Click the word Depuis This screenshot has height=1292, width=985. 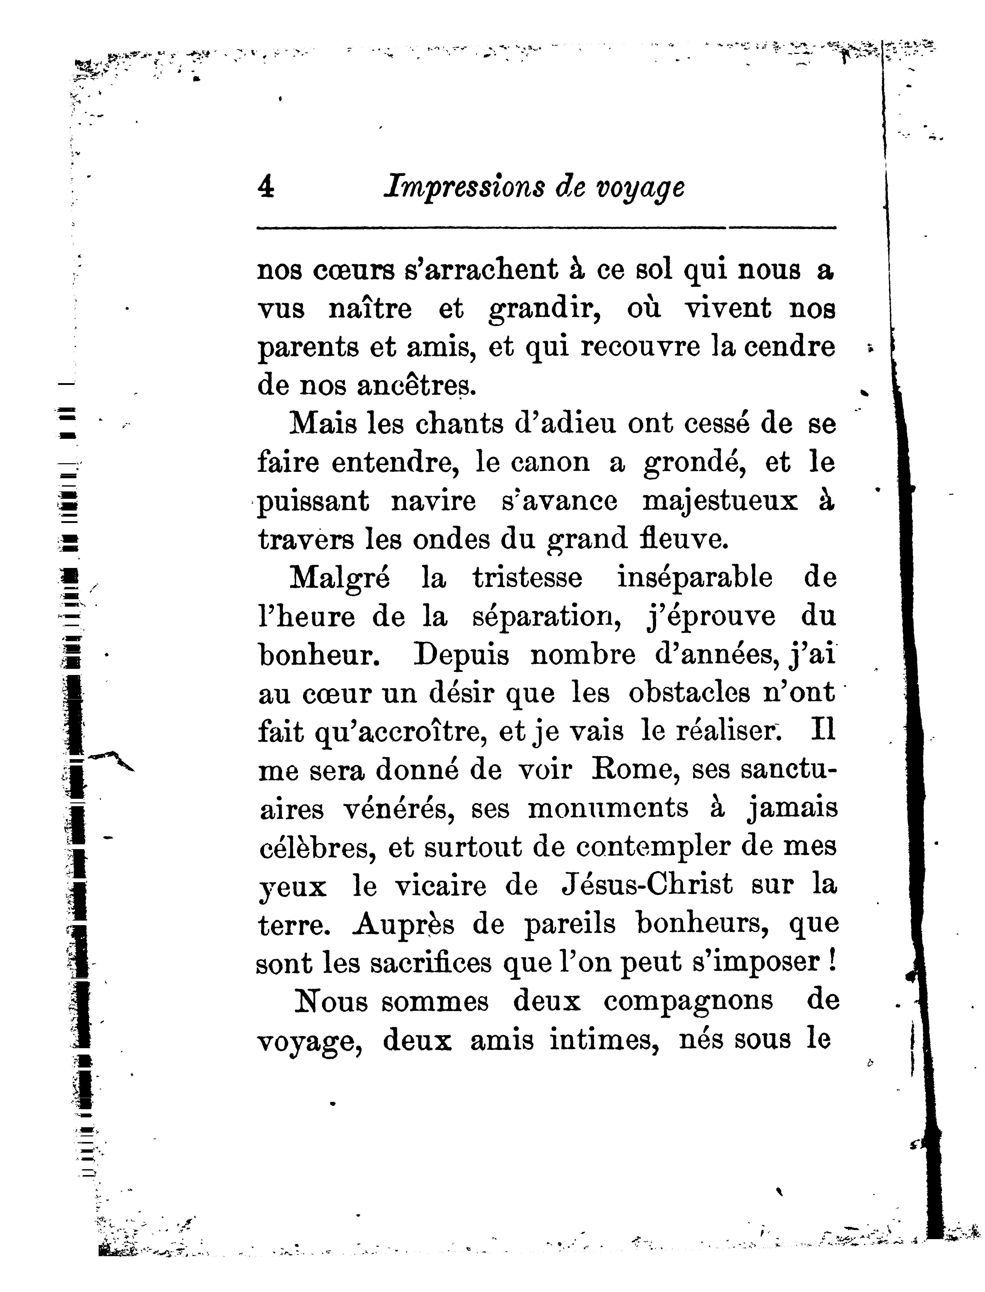pyautogui.click(x=461, y=654)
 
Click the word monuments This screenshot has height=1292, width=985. pyautogui.click(x=608, y=808)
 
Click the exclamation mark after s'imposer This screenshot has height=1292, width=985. pyautogui.click(x=832, y=962)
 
